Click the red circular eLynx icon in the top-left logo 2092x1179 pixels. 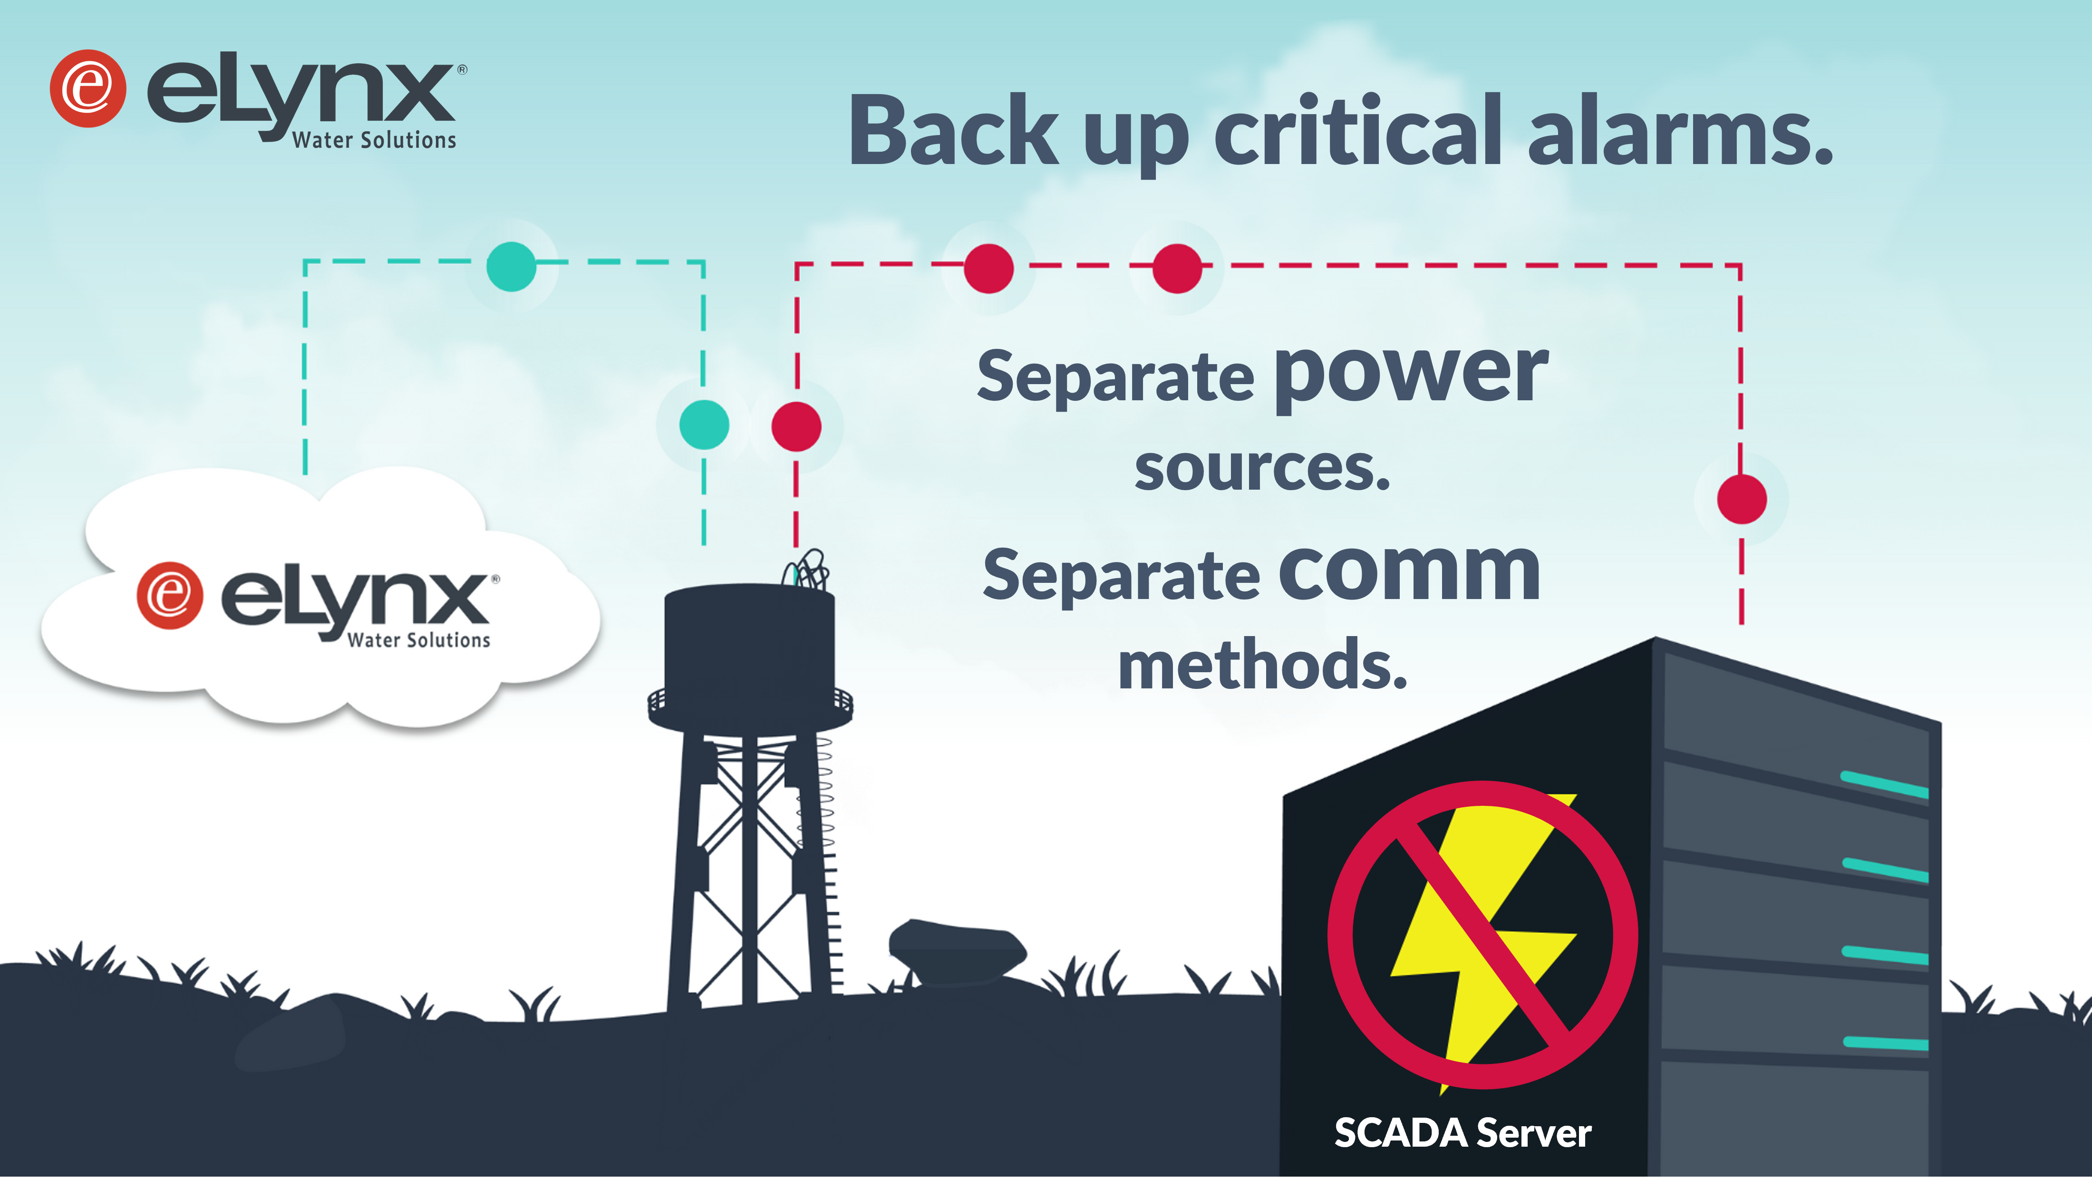pos(87,88)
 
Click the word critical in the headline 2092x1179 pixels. pos(1358,130)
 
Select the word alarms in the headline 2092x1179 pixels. pos(1679,130)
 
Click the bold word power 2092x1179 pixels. pos(1412,375)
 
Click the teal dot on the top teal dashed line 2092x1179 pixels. pos(511,266)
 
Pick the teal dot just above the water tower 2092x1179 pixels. pos(703,425)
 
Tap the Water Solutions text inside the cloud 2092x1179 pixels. pos(418,640)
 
